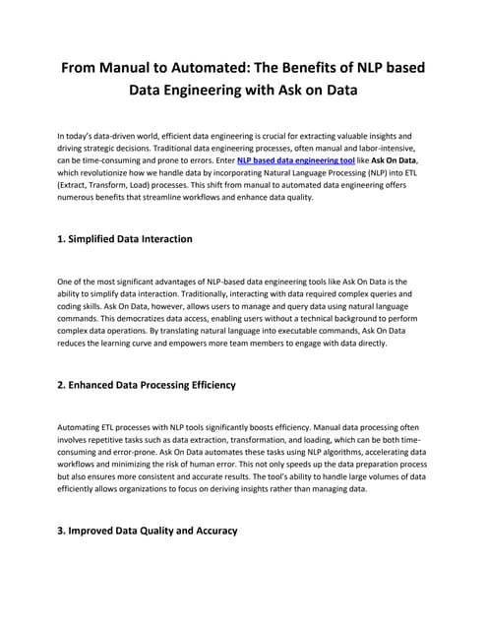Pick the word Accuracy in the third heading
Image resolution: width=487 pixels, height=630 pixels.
pos(211,531)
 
